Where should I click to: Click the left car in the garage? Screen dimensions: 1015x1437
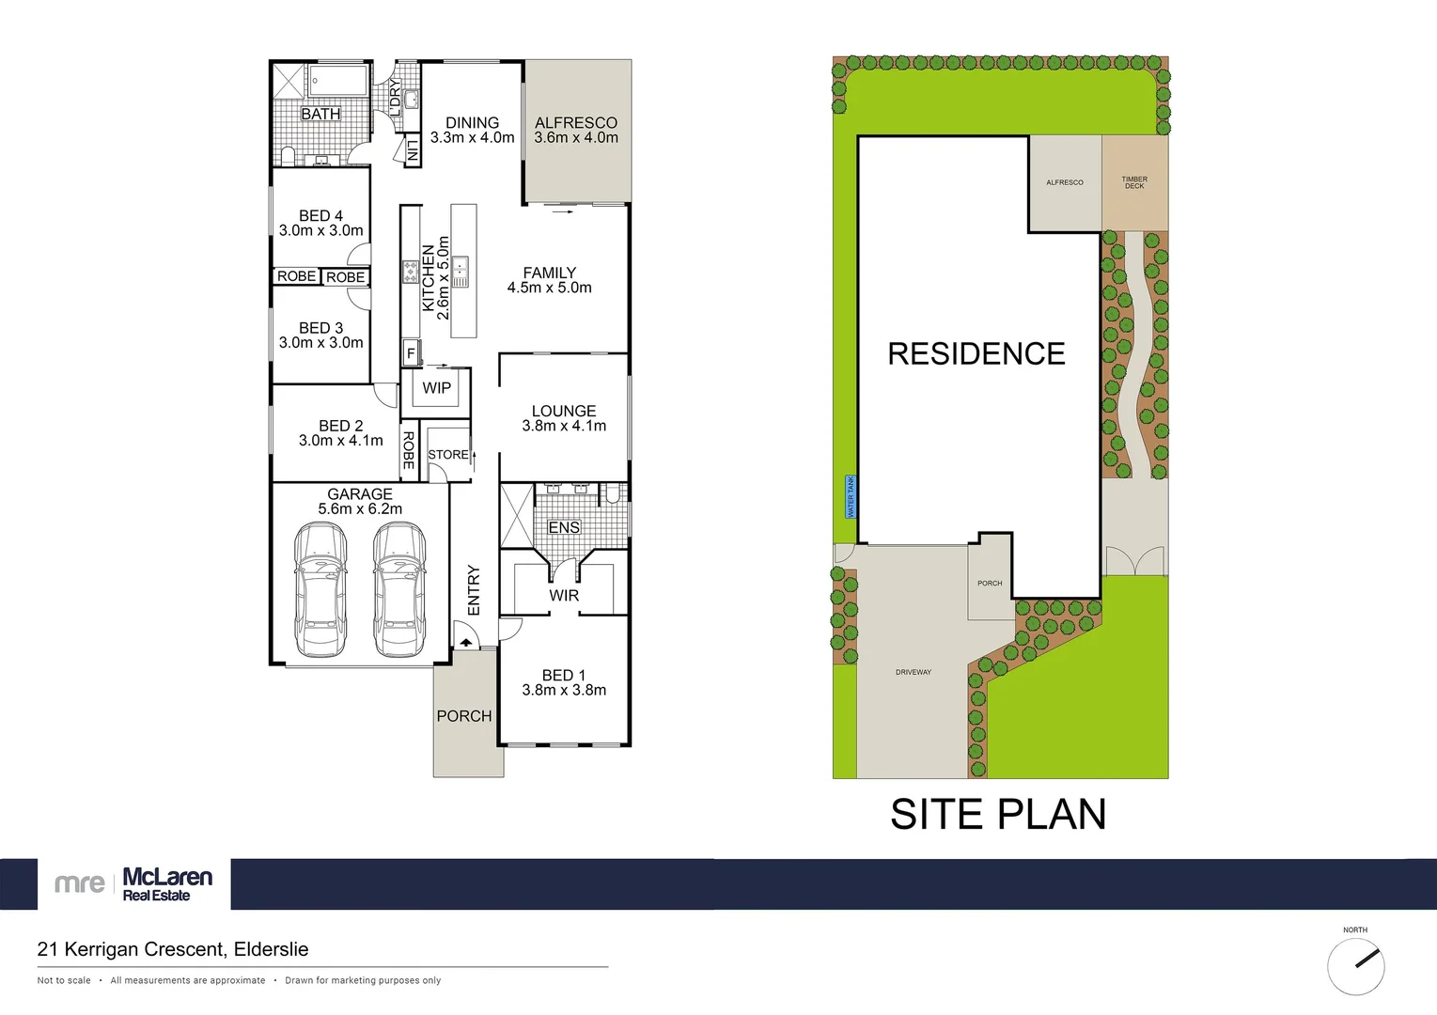(x=320, y=590)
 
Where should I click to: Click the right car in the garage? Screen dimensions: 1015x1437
(x=399, y=590)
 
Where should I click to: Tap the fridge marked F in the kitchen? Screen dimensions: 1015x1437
(x=411, y=353)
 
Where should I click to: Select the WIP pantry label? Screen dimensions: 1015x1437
(x=436, y=388)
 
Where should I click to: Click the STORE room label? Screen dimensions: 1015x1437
(x=448, y=455)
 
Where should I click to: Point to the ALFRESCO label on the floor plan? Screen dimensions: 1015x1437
(x=576, y=123)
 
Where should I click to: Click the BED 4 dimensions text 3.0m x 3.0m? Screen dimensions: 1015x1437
(x=320, y=230)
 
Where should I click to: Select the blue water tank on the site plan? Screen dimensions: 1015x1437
(x=851, y=496)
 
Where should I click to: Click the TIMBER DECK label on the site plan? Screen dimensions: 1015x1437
(x=1134, y=182)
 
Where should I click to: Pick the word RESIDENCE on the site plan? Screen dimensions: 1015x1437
(x=976, y=354)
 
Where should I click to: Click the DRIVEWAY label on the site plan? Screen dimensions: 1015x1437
(x=914, y=672)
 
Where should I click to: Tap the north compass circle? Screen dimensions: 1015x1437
(x=1355, y=966)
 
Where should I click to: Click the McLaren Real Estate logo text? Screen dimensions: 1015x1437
(x=167, y=883)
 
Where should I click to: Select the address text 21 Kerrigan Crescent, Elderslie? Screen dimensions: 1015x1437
(x=173, y=949)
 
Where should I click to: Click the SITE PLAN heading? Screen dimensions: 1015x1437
(x=998, y=815)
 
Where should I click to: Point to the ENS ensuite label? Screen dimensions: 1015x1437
(x=564, y=528)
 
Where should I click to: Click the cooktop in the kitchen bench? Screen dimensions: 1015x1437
(x=411, y=273)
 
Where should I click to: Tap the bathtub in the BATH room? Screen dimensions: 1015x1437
(x=338, y=81)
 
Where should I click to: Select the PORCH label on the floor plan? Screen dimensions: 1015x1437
(x=464, y=716)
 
